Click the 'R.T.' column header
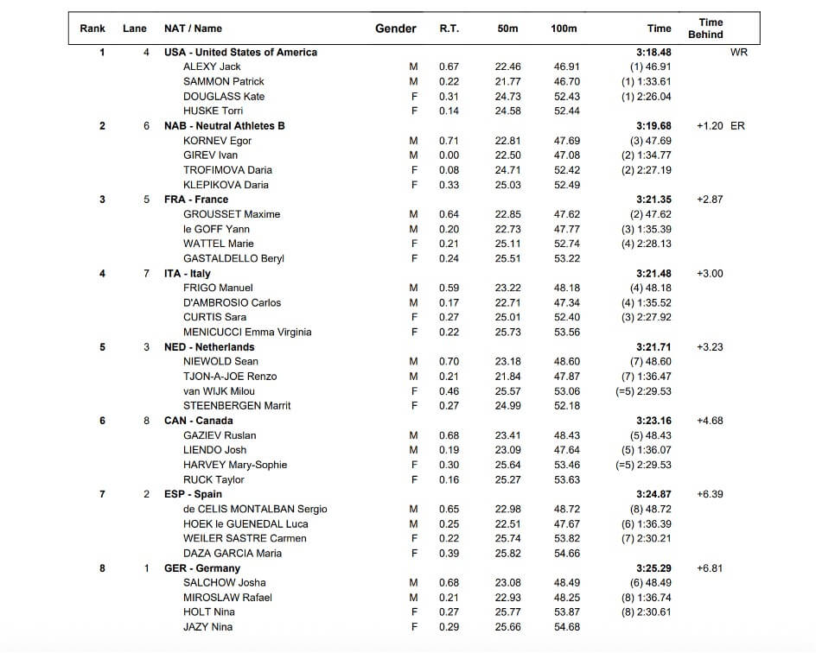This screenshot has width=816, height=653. click(449, 29)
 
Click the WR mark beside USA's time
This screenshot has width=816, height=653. click(739, 52)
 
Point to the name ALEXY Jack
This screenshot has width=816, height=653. click(212, 67)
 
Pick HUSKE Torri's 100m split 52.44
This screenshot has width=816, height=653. click(567, 111)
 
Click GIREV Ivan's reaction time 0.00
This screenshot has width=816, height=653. click(449, 155)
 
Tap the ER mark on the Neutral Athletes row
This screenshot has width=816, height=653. click(737, 126)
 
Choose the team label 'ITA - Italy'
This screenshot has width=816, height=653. click(188, 274)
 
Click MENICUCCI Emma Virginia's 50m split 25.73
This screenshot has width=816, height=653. click(508, 333)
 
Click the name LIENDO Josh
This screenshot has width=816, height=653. click(214, 450)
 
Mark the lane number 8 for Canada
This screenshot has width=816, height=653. click(147, 421)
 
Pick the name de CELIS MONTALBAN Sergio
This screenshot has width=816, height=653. click(255, 510)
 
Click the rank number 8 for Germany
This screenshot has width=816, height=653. click(102, 568)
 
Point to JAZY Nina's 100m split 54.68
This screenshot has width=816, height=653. click(567, 627)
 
